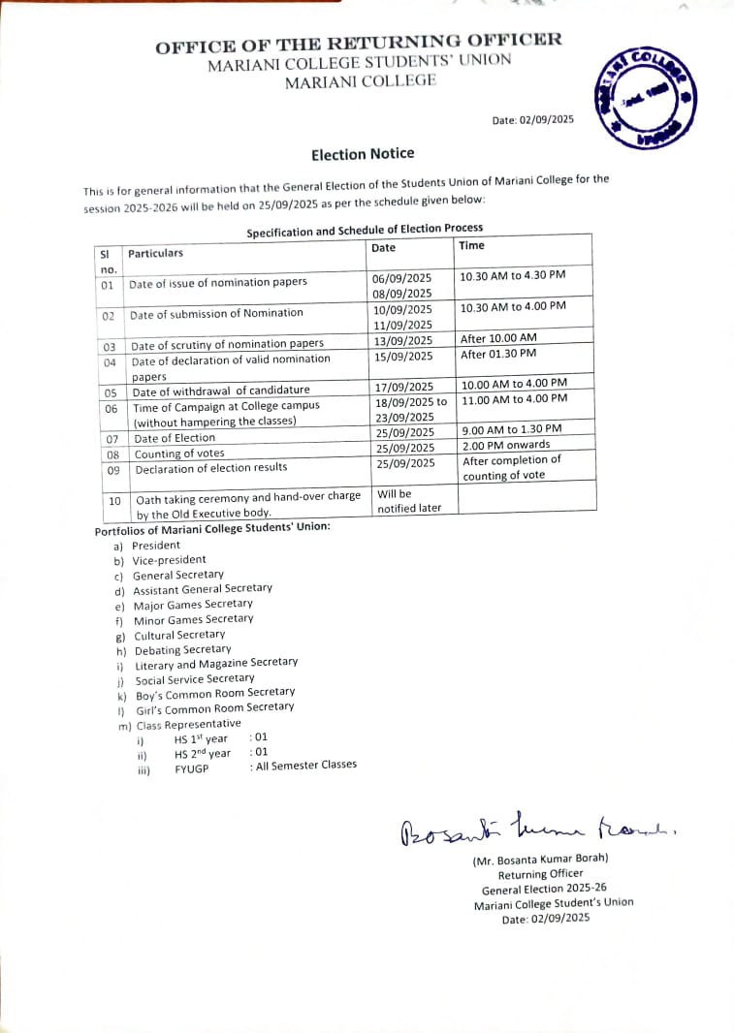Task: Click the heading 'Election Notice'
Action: click(x=363, y=154)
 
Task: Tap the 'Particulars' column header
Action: click(x=155, y=253)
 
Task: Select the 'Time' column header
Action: click(x=472, y=246)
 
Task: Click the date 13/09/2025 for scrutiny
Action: click(x=403, y=340)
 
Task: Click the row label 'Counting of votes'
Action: click(x=179, y=454)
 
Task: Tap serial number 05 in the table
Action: click(x=111, y=393)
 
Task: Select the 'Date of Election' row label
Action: click(x=175, y=438)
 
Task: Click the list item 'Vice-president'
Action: click(x=170, y=560)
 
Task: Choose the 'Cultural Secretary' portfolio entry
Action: click(x=179, y=636)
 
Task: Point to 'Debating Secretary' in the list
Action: click(x=182, y=650)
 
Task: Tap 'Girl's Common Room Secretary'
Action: click(x=214, y=708)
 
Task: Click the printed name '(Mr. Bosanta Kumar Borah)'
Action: click(x=540, y=860)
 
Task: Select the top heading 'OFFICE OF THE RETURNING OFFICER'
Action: click(x=359, y=43)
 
